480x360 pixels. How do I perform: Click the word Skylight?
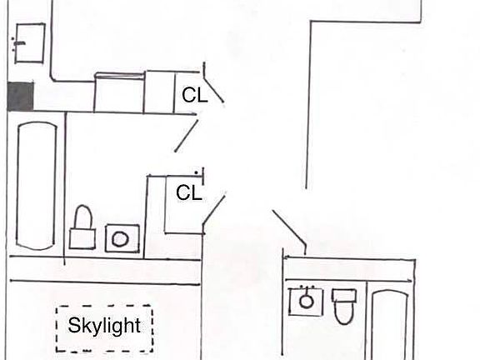[x=104, y=326]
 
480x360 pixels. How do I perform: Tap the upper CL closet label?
[x=195, y=95]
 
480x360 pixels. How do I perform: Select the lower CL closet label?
[x=189, y=192]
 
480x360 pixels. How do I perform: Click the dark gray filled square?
[x=21, y=96]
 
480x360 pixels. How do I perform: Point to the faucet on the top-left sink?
[x=17, y=44]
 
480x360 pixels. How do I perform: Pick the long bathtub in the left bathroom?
[x=37, y=186]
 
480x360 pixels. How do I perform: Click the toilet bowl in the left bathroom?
[x=83, y=217]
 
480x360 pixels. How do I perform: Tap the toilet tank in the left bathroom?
[x=82, y=238]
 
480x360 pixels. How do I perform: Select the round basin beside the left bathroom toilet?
[x=120, y=239]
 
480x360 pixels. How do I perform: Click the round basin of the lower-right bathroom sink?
[x=306, y=301]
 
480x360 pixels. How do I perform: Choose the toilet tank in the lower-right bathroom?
[x=344, y=295]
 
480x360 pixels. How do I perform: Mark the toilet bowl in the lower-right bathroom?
[x=344, y=312]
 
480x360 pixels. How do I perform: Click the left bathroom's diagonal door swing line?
[x=187, y=136]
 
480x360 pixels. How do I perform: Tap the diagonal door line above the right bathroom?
[x=289, y=227]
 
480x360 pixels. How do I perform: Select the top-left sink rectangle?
[x=30, y=43]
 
